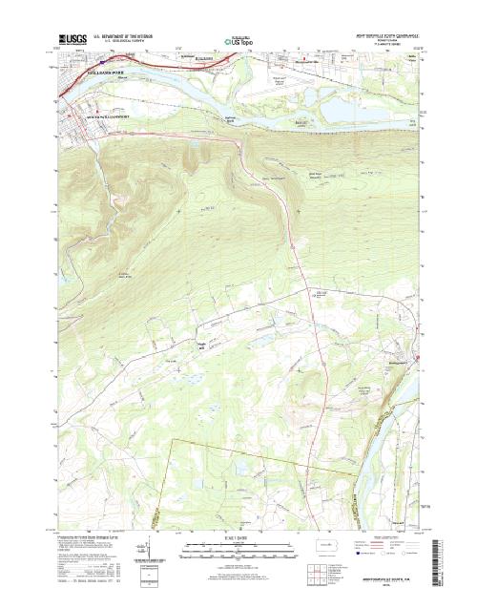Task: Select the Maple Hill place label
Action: pyautogui.click(x=201, y=346)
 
